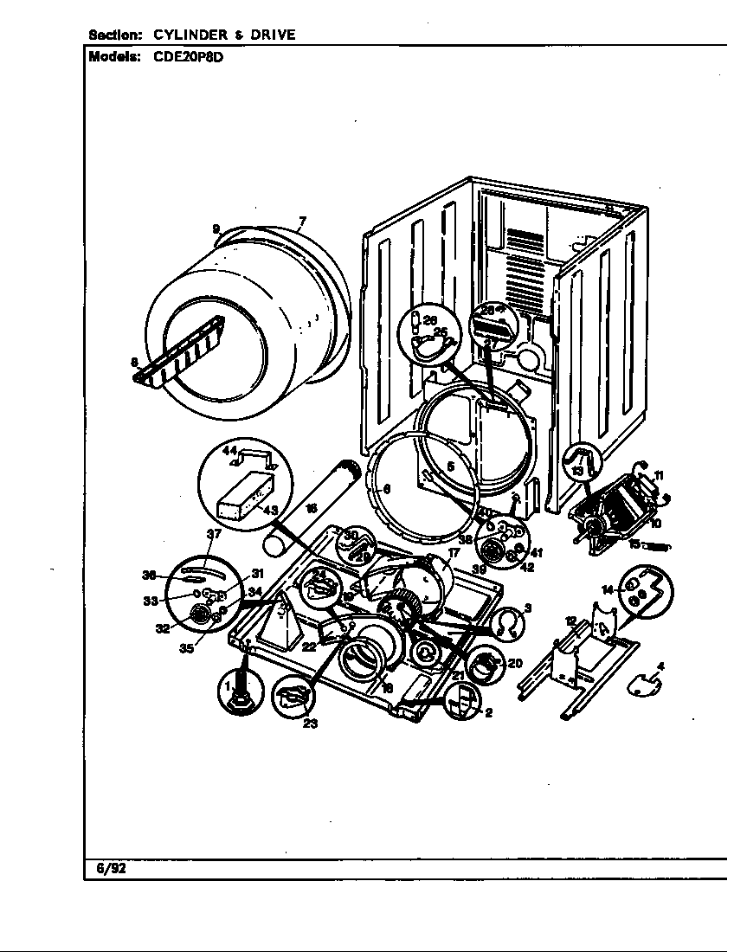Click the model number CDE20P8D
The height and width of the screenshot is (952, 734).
[x=183, y=57]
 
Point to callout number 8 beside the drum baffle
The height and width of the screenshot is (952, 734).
[x=134, y=363]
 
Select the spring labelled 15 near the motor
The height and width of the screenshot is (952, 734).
[x=660, y=547]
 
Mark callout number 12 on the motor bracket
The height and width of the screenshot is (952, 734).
[x=570, y=621]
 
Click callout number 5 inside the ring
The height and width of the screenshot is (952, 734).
[x=450, y=466]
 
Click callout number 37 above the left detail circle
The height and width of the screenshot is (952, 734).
[x=213, y=534]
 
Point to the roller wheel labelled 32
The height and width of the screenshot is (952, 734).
[x=200, y=615]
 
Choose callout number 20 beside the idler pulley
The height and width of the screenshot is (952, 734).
[x=514, y=663]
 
